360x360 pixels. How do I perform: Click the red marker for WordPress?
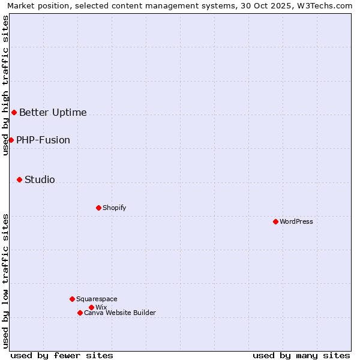[275, 221]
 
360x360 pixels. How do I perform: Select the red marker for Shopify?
[98, 208]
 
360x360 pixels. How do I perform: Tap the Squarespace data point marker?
[72, 299]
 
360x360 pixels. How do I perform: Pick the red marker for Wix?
[91, 307]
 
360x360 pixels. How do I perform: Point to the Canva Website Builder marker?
[80, 313]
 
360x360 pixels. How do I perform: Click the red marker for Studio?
[19, 179]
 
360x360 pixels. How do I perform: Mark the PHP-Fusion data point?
[11, 140]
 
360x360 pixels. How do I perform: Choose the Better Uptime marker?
[14, 112]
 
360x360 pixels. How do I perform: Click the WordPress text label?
[296, 221]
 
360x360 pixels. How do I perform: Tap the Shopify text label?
[115, 208]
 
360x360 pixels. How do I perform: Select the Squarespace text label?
[97, 299]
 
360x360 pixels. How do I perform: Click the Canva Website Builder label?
[120, 313]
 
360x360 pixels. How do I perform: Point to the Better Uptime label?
[53, 112]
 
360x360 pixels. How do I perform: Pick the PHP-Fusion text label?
[43, 140]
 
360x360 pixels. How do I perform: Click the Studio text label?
[40, 179]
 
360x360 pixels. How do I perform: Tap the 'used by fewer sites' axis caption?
[62, 355]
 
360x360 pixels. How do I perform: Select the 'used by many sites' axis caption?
[301, 355]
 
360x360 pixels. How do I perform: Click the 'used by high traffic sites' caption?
[5, 85]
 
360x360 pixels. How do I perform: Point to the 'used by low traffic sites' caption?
[5, 281]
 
